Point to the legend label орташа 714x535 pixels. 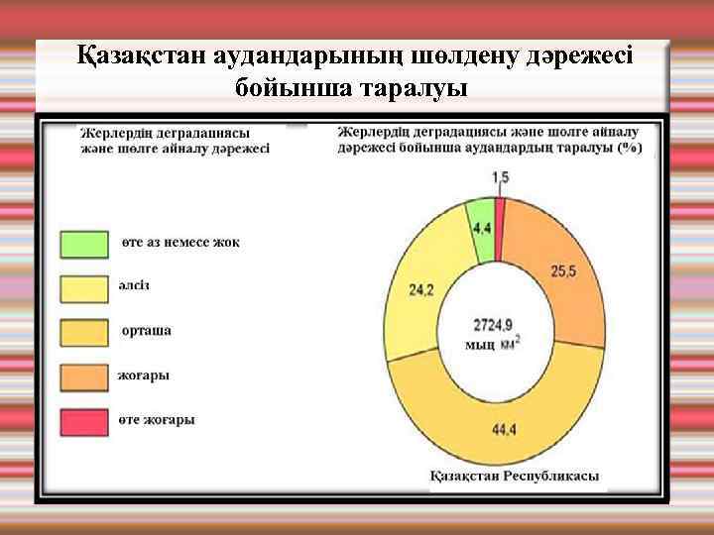tap(146, 331)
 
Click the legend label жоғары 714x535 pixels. tap(145, 375)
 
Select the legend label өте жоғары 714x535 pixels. tap(159, 420)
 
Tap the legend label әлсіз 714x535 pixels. tap(138, 286)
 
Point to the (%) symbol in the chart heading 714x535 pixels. tap(628, 148)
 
